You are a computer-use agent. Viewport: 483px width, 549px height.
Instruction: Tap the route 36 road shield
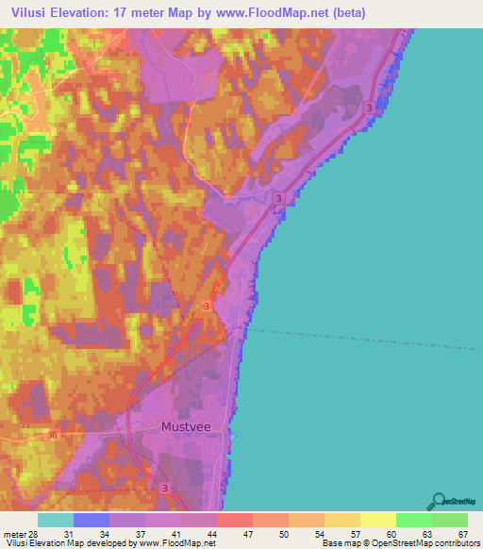click(53, 435)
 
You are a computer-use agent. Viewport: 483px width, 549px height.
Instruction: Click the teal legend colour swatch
click(56, 520)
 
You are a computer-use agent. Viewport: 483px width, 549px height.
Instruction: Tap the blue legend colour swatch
click(92, 520)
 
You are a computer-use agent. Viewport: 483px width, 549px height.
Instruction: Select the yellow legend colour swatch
click(378, 520)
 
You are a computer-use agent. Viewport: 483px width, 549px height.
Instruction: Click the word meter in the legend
click(14, 535)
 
